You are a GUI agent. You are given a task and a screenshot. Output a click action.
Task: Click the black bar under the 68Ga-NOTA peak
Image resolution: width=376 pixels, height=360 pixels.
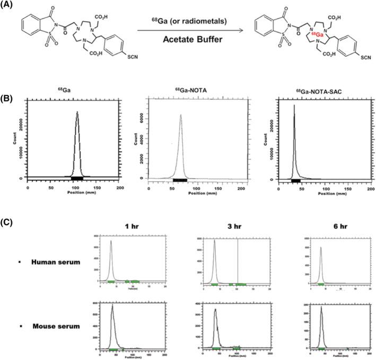(180, 181)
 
